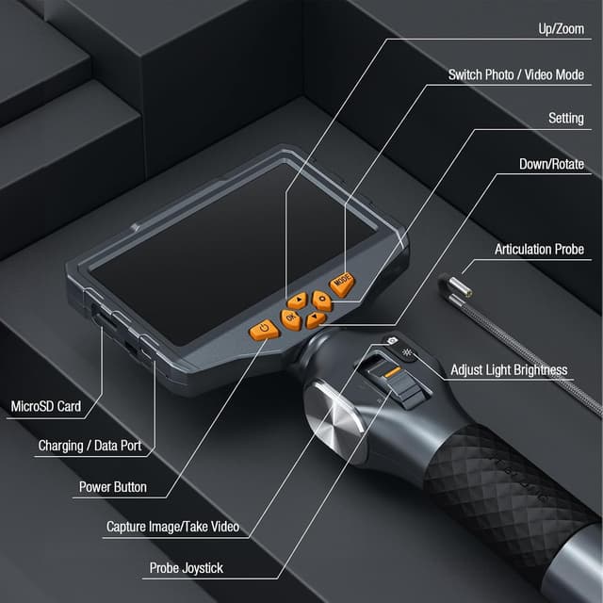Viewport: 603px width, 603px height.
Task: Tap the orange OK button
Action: point(291,319)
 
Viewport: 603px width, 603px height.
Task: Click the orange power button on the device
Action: point(264,329)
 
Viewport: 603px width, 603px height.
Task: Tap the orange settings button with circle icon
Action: point(322,301)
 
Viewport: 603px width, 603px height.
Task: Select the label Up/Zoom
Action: point(560,29)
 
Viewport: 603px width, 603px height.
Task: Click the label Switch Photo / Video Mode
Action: point(515,74)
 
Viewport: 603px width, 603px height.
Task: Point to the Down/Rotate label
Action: point(551,164)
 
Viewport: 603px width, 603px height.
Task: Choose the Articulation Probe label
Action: point(539,250)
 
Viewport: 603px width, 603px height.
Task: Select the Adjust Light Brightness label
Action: point(509,369)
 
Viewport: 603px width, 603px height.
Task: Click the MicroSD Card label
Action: point(45,407)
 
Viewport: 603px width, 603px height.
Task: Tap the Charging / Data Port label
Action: point(90,445)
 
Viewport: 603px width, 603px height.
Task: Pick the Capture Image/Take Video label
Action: point(172,526)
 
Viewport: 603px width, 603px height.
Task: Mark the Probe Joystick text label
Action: point(187,568)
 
